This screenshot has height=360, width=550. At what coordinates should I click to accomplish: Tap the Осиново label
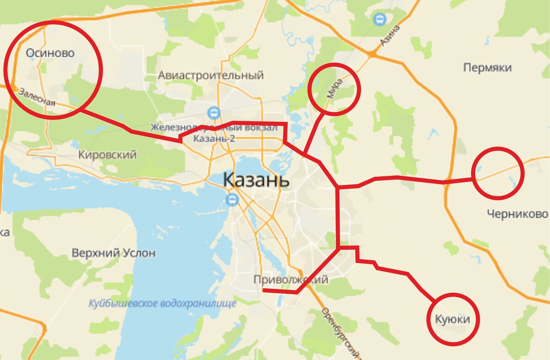(50, 53)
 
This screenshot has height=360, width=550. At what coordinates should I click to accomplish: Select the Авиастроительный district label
(211, 75)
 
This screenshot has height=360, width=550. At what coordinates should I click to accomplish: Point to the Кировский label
(107, 155)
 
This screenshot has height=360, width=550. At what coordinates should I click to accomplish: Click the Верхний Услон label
(114, 253)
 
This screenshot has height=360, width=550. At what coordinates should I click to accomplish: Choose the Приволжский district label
(291, 279)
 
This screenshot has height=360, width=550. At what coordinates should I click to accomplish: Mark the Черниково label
(517, 214)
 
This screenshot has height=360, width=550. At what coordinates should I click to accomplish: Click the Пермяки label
(487, 68)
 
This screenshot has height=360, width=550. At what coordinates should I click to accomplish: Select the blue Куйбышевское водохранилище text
(162, 303)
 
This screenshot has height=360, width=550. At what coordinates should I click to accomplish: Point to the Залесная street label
(37, 97)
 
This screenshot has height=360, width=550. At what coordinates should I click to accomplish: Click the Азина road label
(390, 36)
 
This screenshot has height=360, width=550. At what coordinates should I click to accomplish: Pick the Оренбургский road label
(339, 333)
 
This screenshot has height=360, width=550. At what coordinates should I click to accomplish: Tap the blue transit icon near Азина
(379, 19)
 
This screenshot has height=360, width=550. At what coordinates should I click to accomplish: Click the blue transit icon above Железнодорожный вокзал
(213, 112)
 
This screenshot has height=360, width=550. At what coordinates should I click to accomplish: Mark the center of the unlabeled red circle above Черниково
(497, 173)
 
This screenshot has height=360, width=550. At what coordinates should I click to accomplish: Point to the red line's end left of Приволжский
(263, 290)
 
